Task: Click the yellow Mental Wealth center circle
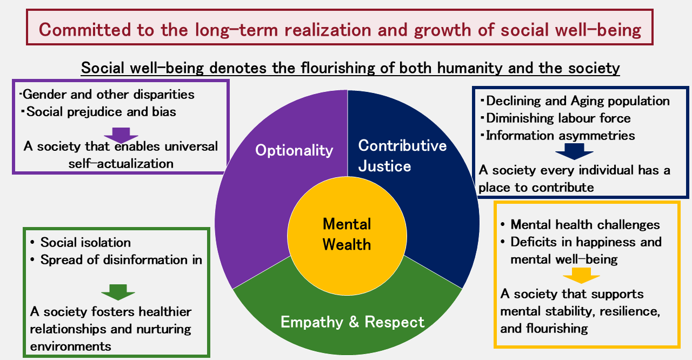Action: coord(347,234)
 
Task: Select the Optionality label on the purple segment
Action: coord(294,150)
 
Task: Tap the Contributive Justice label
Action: coord(402,155)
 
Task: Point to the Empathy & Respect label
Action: coord(352,322)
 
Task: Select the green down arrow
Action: coord(118,292)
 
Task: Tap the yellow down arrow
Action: coord(581,276)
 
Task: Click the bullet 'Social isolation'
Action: coord(85,242)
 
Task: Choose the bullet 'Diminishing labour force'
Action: coord(558,118)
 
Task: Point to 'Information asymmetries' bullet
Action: coord(561,135)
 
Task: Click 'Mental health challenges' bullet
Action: coord(585,224)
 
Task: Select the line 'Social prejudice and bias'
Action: coord(101,112)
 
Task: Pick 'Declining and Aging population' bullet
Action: coord(578,101)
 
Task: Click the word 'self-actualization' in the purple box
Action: coord(121,163)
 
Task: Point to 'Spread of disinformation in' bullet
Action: coord(121,260)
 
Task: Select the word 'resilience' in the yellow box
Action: coord(629,311)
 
